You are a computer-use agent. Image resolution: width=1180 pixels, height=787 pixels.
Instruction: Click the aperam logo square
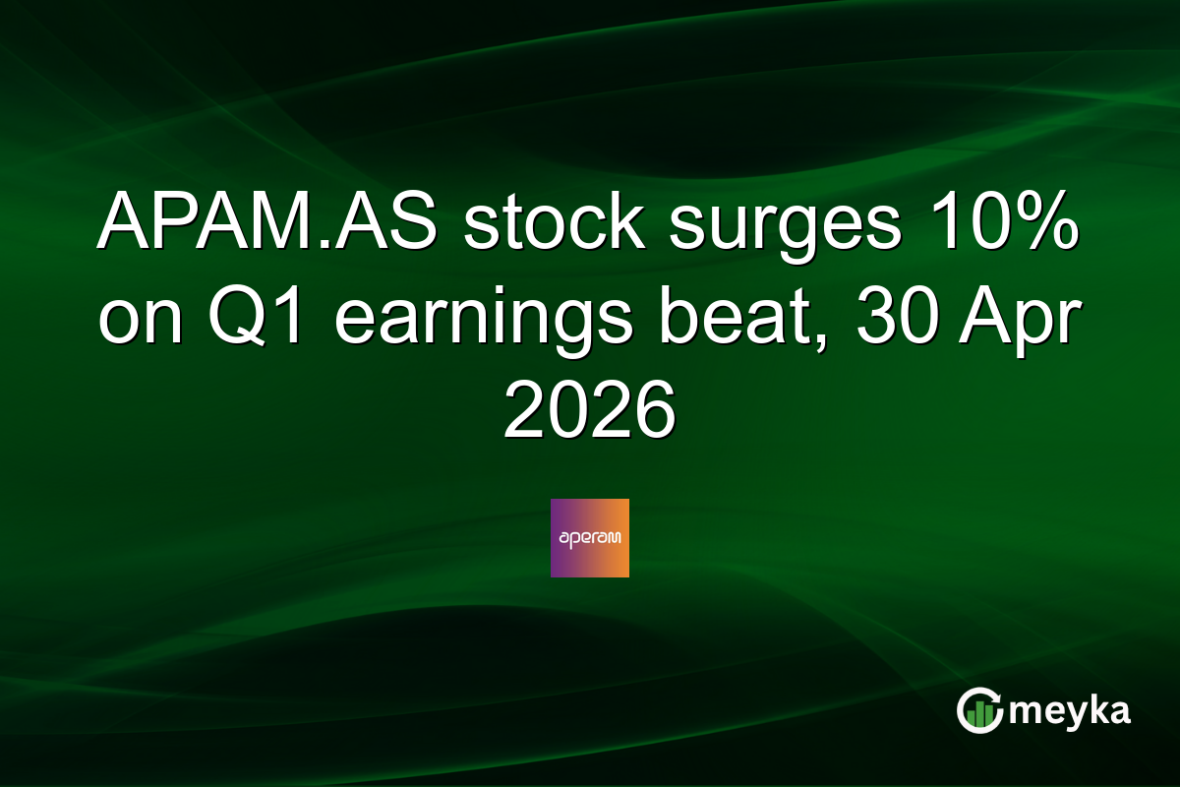590,538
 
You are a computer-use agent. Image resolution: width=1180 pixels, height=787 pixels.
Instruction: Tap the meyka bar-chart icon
979,711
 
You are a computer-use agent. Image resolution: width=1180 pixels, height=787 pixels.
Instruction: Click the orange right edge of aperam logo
621,538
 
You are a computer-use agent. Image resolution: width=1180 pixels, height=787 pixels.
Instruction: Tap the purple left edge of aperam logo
558,538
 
